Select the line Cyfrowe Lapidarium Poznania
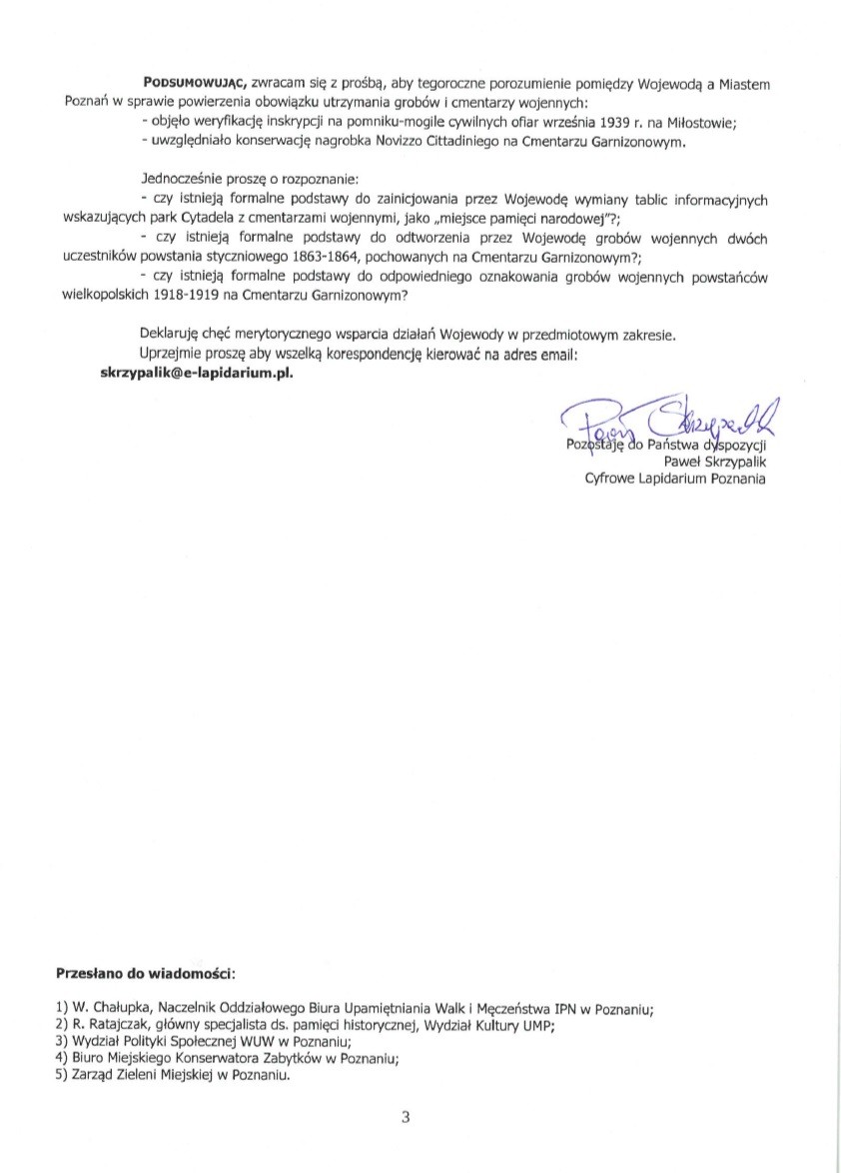pos(675,479)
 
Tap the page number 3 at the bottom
pos(407,1117)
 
